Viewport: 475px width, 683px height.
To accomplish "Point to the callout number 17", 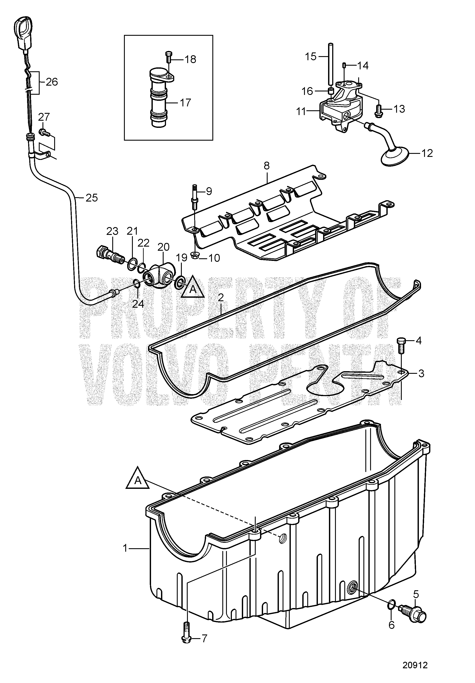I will (185, 103).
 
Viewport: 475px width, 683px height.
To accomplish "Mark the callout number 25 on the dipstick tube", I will (92, 198).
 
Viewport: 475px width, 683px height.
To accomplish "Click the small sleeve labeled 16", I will (330, 90).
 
